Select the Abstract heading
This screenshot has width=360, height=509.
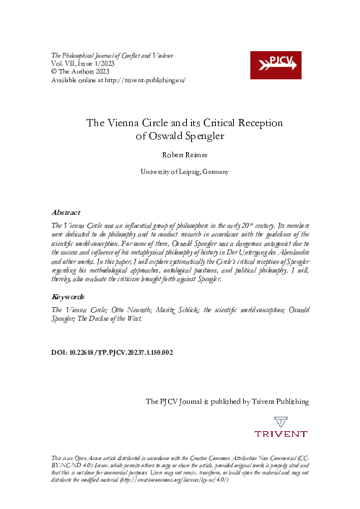(x=65, y=213)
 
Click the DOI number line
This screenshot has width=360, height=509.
(x=111, y=353)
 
